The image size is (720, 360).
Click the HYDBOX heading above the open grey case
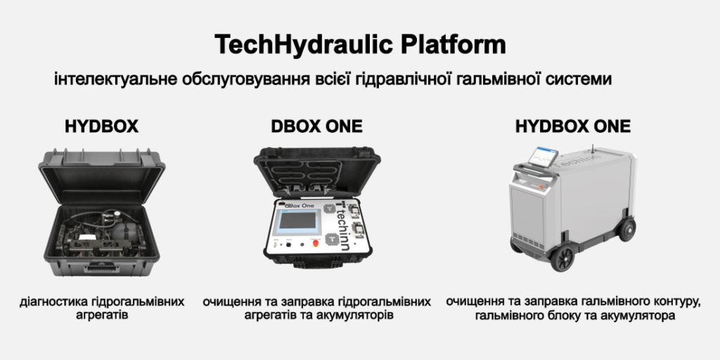click(x=101, y=127)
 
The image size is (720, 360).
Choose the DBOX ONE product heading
click(x=317, y=127)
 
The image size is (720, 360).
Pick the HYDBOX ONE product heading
click(x=572, y=127)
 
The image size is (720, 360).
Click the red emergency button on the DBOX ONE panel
click(x=316, y=244)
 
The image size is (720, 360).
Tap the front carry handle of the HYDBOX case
click(x=102, y=266)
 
